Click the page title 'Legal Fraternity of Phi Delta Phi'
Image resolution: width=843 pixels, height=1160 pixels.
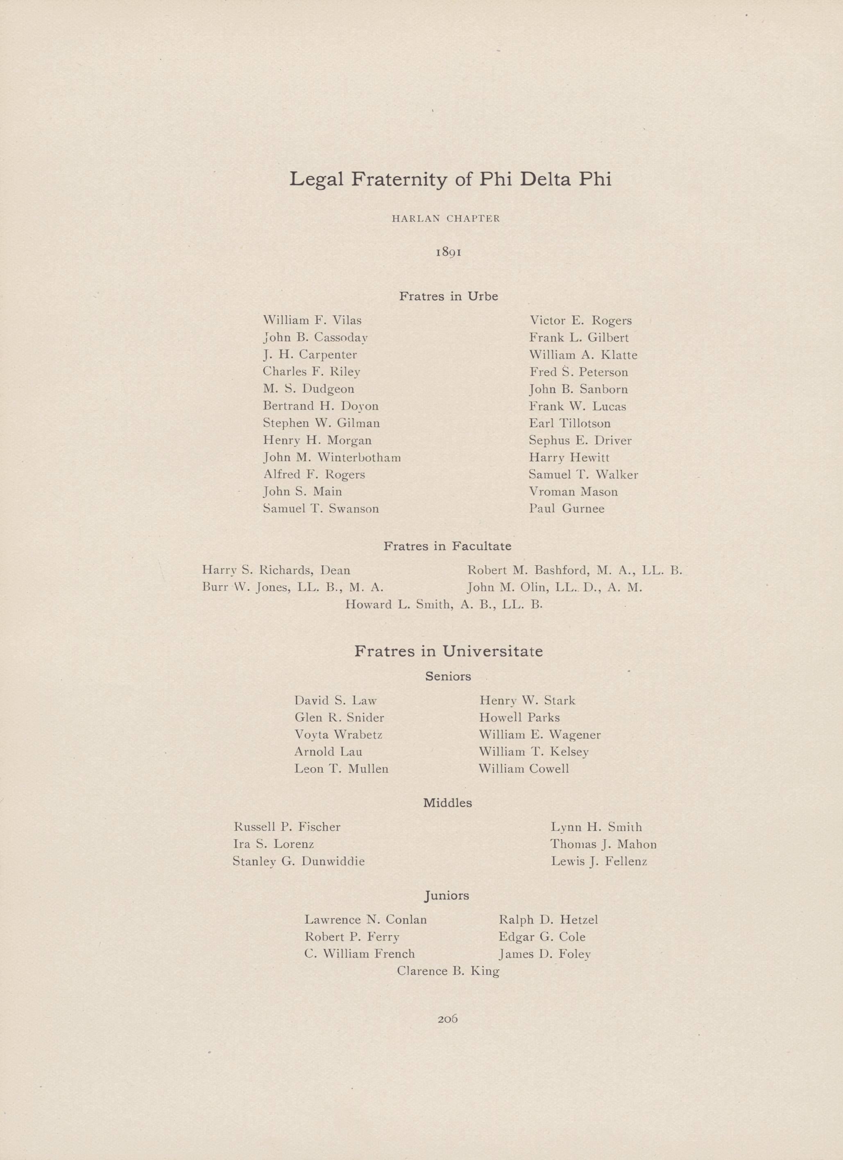pos(450,180)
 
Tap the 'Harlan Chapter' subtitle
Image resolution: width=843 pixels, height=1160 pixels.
pos(446,218)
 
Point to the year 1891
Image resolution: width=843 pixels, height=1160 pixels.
pos(449,252)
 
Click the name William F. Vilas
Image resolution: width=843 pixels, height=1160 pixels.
pos(313,321)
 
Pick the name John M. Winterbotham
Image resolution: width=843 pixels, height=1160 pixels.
pos(332,457)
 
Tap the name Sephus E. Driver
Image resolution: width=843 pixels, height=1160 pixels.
pos(580,440)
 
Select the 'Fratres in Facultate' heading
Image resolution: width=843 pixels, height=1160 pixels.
pos(447,546)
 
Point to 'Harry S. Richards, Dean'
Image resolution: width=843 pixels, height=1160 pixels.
pos(276,570)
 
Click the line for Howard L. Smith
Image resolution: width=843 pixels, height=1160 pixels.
pos(443,605)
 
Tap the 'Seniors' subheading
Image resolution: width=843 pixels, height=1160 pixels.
pos(448,676)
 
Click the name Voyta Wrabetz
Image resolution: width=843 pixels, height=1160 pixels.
pos(338,735)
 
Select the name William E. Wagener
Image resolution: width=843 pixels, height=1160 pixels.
pos(540,735)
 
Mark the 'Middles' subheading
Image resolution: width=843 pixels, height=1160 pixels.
pos(447,803)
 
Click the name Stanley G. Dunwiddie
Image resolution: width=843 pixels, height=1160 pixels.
pos(299,861)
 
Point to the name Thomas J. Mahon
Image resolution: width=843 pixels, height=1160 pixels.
pos(603,844)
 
